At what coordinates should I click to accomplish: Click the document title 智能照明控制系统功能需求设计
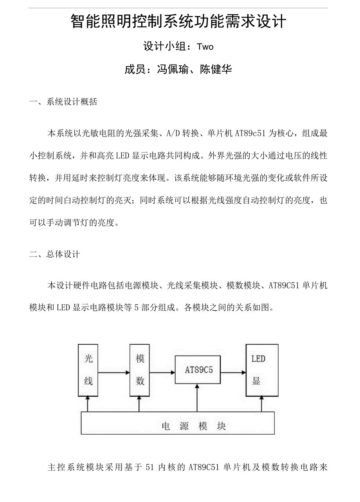pos(178,22)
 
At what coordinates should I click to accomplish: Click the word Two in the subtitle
pos(205,47)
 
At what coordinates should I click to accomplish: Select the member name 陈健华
pos(216,70)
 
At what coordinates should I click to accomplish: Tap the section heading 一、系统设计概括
pos(63,102)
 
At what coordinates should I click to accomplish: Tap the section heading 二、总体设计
pos(55,254)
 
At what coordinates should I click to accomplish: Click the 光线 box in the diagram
pos(88,370)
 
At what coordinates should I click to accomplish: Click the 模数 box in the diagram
pos(140,370)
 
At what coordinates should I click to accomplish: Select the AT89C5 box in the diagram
pos(198,370)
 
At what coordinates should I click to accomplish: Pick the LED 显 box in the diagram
pos(261,370)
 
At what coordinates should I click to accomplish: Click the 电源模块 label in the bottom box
pos(194,426)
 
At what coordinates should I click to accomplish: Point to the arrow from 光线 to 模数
pos(114,372)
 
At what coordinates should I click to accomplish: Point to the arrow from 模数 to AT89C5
pos(162,372)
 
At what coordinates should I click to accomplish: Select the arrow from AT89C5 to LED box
pos(233,372)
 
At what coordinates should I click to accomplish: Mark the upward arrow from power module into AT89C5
pos(197,397)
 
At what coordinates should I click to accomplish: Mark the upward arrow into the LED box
pos(261,403)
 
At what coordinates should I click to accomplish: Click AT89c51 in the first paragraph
pos(250,133)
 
